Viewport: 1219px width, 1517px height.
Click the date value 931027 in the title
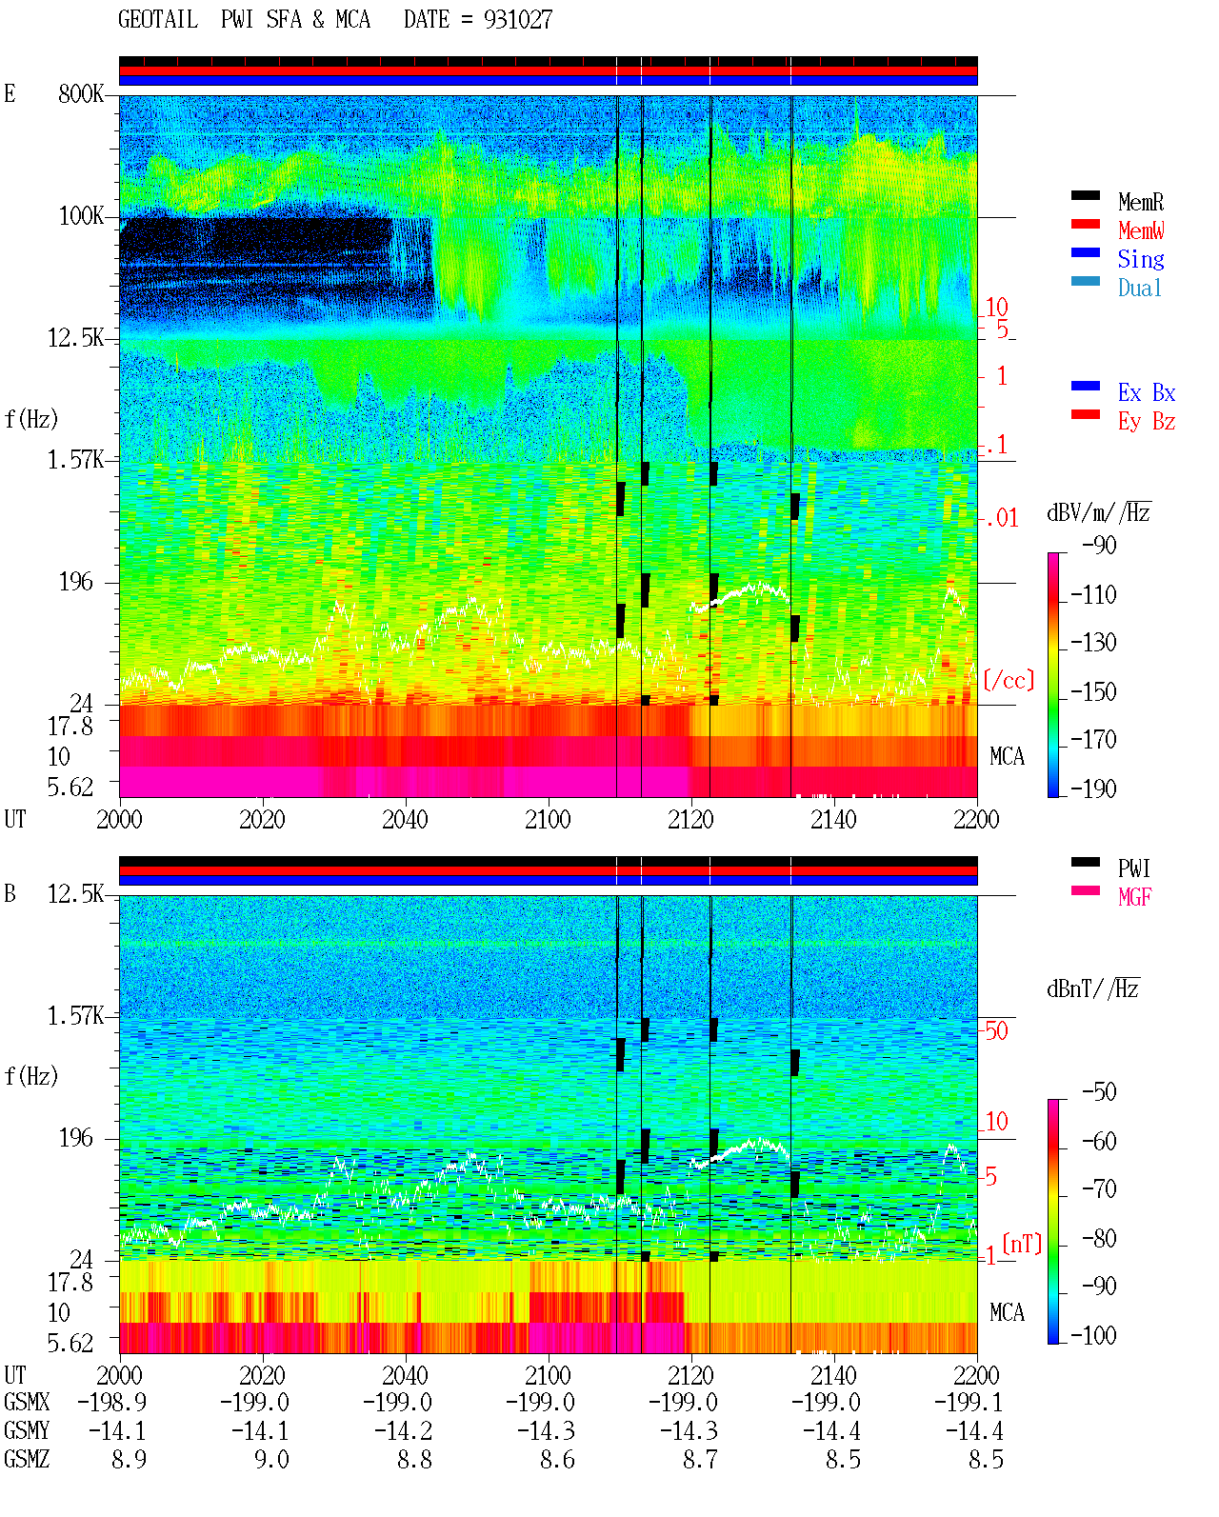[x=517, y=19]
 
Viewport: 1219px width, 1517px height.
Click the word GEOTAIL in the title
[x=158, y=19]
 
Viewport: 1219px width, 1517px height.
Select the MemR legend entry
[x=1141, y=202]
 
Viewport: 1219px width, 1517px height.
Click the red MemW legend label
[x=1141, y=230]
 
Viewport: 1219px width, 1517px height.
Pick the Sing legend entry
[x=1141, y=259]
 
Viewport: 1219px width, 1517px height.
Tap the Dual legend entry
[x=1140, y=288]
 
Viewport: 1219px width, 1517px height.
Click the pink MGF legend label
[x=1134, y=897]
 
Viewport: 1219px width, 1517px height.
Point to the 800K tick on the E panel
[x=81, y=93]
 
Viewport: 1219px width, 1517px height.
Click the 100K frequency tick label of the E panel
[x=81, y=216]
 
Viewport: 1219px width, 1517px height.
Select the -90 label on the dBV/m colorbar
[x=1099, y=545]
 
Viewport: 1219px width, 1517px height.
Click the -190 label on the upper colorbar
[x=1093, y=788]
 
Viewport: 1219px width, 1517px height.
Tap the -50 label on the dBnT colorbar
[x=1099, y=1092]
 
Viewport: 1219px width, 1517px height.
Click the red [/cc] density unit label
[x=1009, y=680]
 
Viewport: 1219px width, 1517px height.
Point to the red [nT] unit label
[x=1022, y=1244]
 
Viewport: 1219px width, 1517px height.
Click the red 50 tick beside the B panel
[x=996, y=1031]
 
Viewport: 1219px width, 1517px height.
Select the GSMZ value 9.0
[x=272, y=1459]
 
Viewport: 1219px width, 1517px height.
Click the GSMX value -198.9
[x=112, y=1402]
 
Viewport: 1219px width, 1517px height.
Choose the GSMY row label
[x=27, y=1430]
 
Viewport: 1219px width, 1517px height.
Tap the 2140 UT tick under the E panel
[x=833, y=819]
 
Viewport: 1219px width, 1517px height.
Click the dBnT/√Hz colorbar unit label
[x=1093, y=988]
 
